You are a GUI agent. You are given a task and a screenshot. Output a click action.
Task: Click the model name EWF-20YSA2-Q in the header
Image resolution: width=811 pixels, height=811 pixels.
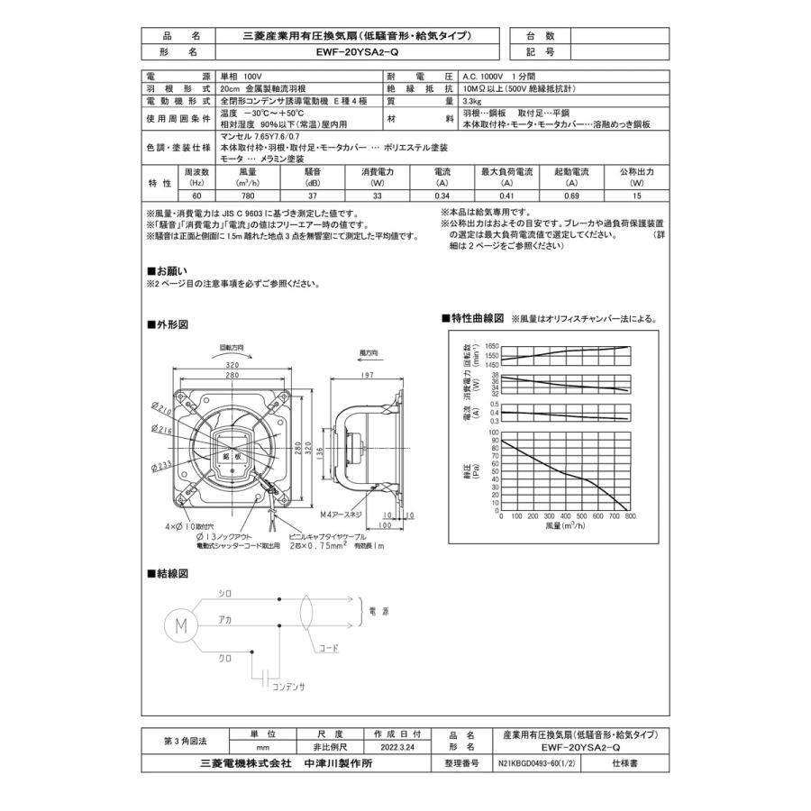coord(358,53)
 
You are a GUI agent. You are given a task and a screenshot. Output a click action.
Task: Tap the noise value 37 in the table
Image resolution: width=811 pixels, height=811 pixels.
coord(313,196)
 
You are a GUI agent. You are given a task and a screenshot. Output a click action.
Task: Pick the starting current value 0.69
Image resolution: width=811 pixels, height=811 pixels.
coord(571,196)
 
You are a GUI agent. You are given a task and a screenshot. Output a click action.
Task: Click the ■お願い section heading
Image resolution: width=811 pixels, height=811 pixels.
coord(168,270)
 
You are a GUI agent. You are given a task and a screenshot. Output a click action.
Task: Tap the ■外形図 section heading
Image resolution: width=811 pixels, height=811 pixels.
coord(168,324)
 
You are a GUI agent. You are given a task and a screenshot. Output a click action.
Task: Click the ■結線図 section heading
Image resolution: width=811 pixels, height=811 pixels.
coord(168,573)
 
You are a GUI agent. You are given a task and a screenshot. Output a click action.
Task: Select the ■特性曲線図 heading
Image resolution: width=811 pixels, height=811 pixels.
coord(471,318)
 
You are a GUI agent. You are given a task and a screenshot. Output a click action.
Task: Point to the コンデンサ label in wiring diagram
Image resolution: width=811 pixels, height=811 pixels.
coord(289,687)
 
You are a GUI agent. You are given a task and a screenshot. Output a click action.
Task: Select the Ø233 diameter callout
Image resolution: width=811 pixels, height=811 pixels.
coord(162,465)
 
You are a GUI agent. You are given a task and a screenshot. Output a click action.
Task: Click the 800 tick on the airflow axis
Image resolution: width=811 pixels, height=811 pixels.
coord(630,517)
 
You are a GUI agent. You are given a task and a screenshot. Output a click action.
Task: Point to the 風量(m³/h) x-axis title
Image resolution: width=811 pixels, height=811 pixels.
coord(564,526)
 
